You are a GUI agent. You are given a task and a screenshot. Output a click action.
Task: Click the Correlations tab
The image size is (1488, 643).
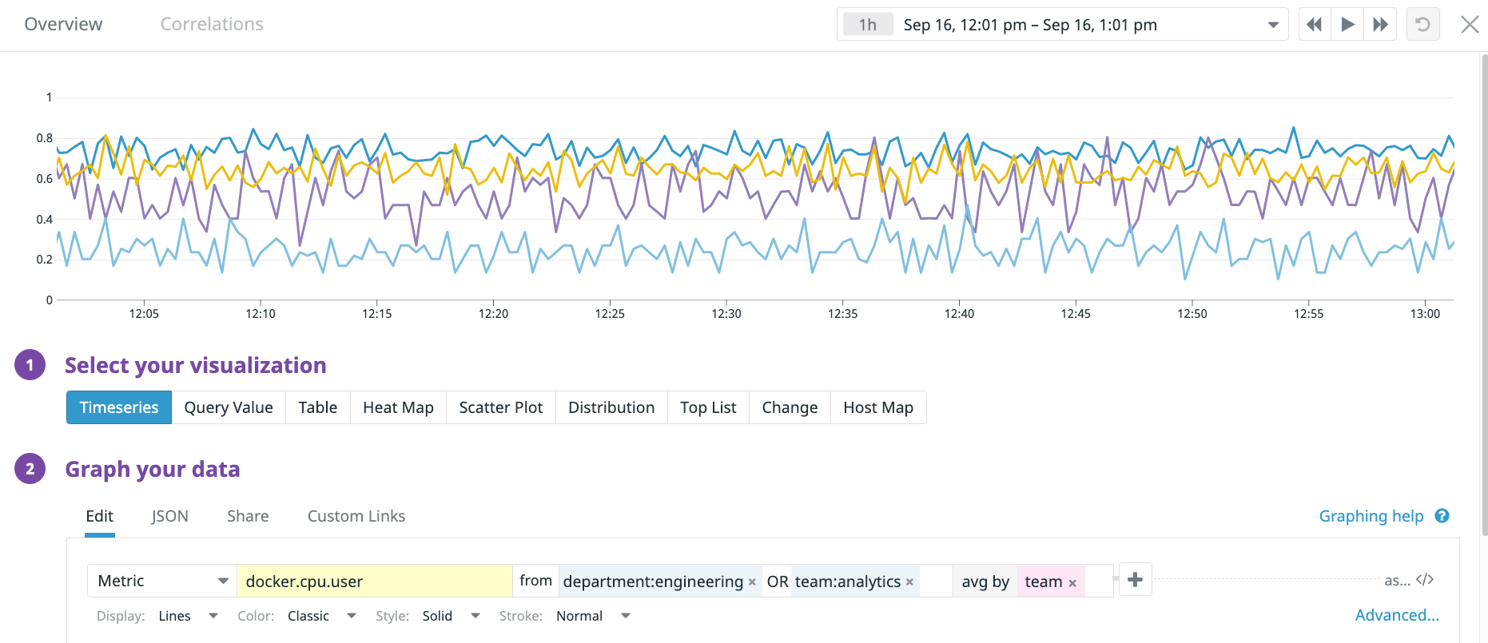coord(212,24)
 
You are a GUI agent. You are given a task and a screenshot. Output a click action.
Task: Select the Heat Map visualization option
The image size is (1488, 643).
coord(398,407)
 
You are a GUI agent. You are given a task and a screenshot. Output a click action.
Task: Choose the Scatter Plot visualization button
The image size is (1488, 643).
coord(500,407)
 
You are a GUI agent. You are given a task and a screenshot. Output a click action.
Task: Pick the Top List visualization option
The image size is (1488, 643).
coord(708,407)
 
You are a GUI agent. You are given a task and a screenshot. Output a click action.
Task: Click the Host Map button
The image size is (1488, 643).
coord(877,407)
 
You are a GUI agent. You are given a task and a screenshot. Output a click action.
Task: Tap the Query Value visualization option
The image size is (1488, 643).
coord(229,407)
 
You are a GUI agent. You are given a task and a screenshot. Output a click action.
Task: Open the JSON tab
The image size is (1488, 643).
coord(170,516)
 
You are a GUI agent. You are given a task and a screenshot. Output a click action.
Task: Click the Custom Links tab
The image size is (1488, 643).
coord(356,516)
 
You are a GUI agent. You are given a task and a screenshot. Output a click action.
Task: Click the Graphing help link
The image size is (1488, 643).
coord(1371,516)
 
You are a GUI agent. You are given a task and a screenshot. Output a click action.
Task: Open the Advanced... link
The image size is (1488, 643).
coord(1396,615)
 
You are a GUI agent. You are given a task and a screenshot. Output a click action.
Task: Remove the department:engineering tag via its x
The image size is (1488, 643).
coord(752,582)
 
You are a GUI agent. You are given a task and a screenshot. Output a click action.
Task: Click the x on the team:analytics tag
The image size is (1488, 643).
coord(909,582)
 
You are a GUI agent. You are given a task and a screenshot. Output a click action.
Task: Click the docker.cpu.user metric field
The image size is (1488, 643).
coord(374,581)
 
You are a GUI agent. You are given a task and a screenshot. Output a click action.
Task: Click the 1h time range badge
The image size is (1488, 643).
coord(867,25)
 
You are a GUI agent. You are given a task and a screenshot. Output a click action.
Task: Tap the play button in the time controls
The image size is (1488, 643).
coord(1347,24)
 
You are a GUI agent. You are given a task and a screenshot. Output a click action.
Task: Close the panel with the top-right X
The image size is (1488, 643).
coord(1470,24)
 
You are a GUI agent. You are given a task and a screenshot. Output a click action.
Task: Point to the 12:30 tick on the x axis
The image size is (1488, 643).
coord(726,314)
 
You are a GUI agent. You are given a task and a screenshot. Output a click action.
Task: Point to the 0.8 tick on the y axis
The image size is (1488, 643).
coord(45,138)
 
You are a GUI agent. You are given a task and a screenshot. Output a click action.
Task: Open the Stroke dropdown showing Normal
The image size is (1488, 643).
coord(592,616)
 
